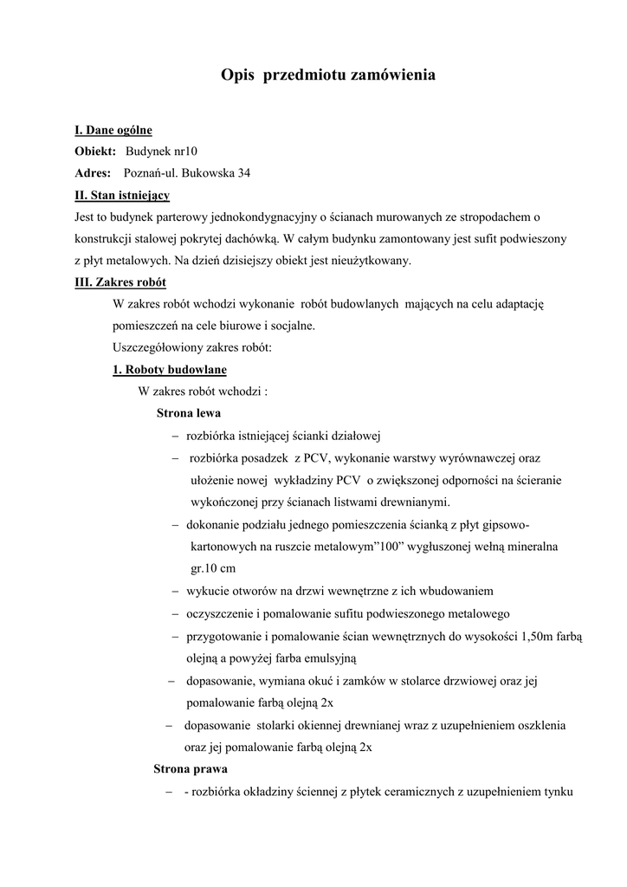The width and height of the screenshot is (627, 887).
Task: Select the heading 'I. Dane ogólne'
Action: (x=113, y=130)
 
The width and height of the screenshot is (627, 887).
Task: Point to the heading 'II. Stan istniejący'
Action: (x=122, y=195)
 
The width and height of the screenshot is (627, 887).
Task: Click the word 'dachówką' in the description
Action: (x=251, y=238)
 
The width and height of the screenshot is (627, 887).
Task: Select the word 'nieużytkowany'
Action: (x=372, y=260)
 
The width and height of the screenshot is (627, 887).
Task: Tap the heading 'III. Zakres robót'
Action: (x=121, y=282)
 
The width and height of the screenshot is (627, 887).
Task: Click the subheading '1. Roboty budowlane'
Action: (x=170, y=370)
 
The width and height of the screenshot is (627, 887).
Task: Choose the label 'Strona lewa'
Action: (x=189, y=413)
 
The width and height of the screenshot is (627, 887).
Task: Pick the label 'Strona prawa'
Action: (x=191, y=768)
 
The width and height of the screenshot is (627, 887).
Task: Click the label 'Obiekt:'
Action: (x=95, y=152)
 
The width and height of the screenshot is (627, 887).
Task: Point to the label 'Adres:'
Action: (x=93, y=173)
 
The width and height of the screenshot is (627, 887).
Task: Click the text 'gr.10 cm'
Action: (x=213, y=569)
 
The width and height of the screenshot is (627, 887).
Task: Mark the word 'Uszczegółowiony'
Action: (x=155, y=347)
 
